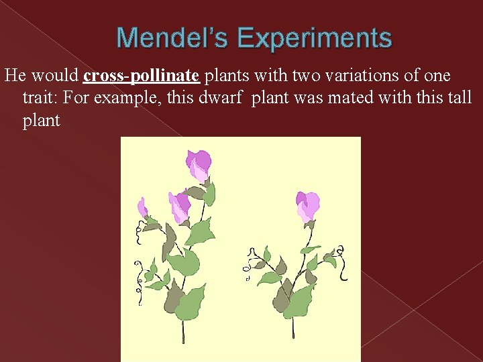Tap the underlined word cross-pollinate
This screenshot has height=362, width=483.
pos(142,76)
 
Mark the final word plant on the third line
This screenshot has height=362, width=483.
pos(41,121)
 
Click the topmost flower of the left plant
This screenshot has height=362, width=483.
pos(198,165)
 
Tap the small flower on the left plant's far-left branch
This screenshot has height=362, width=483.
pos(142,207)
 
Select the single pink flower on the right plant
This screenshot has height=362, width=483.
pos(307,205)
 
